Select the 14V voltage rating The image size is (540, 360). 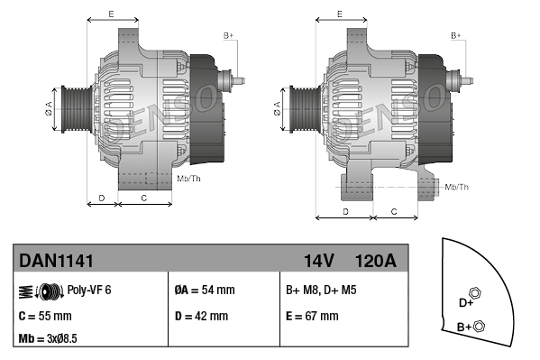[x=318, y=261]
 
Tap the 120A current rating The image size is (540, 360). [x=376, y=261]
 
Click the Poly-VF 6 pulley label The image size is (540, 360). [x=89, y=291]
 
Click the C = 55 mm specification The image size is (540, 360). [x=45, y=316]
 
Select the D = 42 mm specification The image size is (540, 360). [x=201, y=316]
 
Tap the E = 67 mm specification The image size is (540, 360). [x=312, y=316]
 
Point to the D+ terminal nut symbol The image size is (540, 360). [x=477, y=296]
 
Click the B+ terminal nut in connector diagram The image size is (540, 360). [x=479, y=326]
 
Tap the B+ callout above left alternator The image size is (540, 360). [x=228, y=35]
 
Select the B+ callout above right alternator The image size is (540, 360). [x=456, y=35]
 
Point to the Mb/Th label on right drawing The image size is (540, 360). [x=457, y=187]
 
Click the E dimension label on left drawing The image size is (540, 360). [x=110, y=14]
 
